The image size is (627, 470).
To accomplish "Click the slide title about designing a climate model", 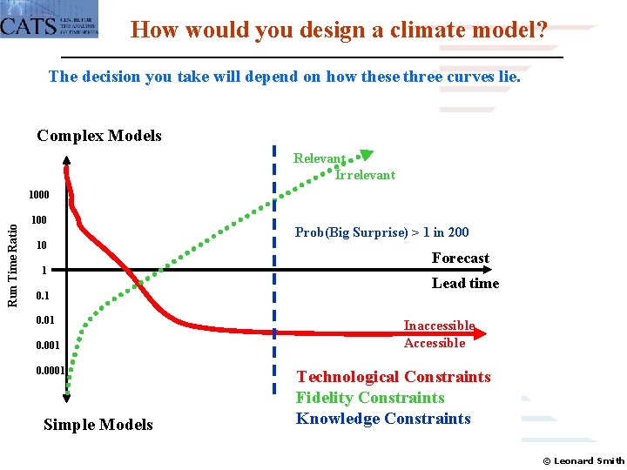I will pyautogui.click(x=339, y=31).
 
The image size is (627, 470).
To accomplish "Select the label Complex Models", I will pyautogui.click(x=99, y=136).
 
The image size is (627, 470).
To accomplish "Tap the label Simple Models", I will pyautogui.click(x=98, y=425).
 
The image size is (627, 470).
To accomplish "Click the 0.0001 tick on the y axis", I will pyautogui.click(x=49, y=371).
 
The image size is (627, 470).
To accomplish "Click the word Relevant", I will pyautogui.click(x=319, y=158).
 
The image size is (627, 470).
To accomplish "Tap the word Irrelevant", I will pyautogui.click(x=365, y=175).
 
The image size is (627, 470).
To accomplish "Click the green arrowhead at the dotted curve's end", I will pyautogui.click(x=366, y=156).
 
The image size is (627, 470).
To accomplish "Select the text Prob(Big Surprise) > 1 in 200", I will pyautogui.click(x=381, y=232).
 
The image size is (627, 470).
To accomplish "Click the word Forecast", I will pyautogui.click(x=460, y=258).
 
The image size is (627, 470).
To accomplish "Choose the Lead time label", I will pyautogui.click(x=465, y=284).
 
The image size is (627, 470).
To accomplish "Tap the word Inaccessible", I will pyautogui.click(x=439, y=326).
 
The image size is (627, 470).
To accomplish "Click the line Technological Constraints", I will pyautogui.click(x=393, y=377).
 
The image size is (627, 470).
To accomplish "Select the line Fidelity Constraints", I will pyautogui.click(x=370, y=398).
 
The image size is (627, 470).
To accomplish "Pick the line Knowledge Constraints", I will pyautogui.click(x=382, y=419).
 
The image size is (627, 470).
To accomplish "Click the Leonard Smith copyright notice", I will pyautogui.click(x=583, y=460).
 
